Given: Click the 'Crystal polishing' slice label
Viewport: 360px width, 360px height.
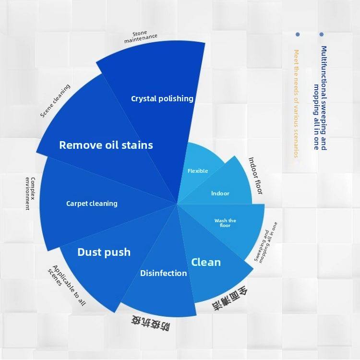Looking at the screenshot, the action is (162, 98).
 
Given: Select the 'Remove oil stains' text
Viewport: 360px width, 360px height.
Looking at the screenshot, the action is (106, 145).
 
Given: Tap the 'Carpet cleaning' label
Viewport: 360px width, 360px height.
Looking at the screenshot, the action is (92, 204).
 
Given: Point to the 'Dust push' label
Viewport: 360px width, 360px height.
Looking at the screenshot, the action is (104, 252).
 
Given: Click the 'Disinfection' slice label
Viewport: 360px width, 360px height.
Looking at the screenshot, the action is (163, 273).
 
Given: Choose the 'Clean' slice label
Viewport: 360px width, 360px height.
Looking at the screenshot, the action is (206, 262).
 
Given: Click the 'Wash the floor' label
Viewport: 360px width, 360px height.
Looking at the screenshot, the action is (225, 223).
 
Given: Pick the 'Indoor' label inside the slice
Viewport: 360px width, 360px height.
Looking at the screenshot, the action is (220, 193).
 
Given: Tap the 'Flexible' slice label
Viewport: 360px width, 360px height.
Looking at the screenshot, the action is (198, 171).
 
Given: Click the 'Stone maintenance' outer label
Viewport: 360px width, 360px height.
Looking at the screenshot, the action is (140, 37).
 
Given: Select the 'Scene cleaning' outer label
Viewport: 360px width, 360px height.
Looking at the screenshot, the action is (55, 101).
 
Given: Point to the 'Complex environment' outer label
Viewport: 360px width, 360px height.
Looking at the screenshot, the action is (30, 193).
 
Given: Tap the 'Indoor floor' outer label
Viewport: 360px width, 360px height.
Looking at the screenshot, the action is (255, 175).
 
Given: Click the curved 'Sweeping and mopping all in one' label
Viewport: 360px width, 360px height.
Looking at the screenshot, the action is (265, 241).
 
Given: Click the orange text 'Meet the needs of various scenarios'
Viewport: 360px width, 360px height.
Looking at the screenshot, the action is (296, 103).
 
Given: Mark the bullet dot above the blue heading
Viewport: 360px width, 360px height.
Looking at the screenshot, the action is (321, 35).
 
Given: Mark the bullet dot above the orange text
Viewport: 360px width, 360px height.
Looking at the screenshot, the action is (298, 35).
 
